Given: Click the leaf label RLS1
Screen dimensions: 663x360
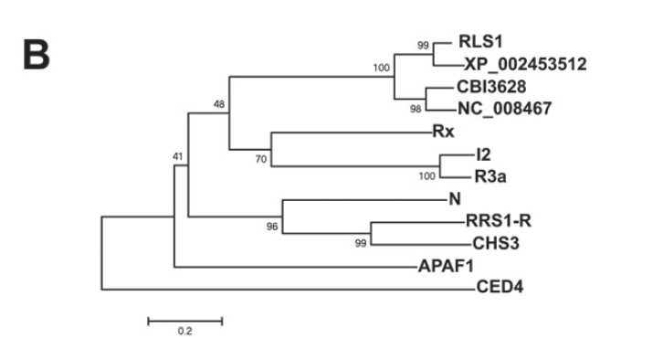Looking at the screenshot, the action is pyautogui.click(x=480, y=41).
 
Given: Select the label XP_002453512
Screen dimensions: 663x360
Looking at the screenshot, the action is pyautogui.click(x=525, y=64).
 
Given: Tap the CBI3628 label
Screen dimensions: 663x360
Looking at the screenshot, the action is pyautogui.click(x=491, y=87).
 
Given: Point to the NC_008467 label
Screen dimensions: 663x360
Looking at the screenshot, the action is pyautogui.click(x=505, y=109).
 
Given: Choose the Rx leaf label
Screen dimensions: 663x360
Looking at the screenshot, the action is pyautogui.click(x=443, y=132).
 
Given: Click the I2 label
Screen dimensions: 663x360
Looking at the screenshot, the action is pyautogui.click(x=483, y=154).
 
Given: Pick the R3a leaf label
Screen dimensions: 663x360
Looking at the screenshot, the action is pyautogui.click(x=490, y=177).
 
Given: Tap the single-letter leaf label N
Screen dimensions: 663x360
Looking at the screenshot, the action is pyautogui.click(x=455, y=199).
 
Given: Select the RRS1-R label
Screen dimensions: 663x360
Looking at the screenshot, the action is pyautogui.click(x=499, y=221).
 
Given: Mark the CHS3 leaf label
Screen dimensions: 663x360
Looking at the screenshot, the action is pyautogui.click(x=496, y=243).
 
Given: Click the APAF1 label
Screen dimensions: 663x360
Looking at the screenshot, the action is pyautogui.click(x=446, y=266).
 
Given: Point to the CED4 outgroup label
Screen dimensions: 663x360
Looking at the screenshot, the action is pyautogui.click(x=500, y=287).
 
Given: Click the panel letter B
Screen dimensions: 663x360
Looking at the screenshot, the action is pyautogui.click(x=37, y=54).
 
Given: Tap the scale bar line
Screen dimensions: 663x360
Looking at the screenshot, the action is pyautogui.click(x=185, y=322).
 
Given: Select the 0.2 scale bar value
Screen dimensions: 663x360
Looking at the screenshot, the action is pyautogui.click(x=184, y=332).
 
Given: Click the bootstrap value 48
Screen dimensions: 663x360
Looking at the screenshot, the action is pyautogui.click(x=219, y=104).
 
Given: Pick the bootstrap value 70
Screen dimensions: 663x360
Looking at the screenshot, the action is pyautogui.click(x=261, y=159).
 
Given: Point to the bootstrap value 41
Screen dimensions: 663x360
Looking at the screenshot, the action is pyautogui.click(x=177, y=156).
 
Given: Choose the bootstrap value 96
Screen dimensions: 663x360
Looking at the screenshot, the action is pyautogui.click(x=272, y=227).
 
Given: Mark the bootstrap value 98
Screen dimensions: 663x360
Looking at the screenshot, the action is pyautogui.click(x=416, y=109).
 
